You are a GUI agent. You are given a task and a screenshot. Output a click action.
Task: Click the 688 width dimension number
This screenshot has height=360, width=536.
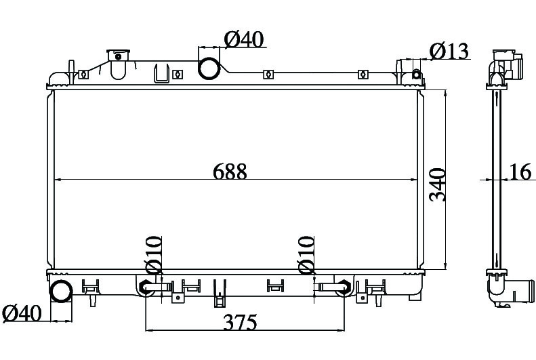[230, 172]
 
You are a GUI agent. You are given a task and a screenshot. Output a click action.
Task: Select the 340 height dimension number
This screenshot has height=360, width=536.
[438, 184]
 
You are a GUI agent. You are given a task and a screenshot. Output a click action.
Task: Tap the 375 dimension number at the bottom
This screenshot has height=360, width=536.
[240, 322]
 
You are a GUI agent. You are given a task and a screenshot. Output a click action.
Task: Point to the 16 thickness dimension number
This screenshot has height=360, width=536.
[520, 172]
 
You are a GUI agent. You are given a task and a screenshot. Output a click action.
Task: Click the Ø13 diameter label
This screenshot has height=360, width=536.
[449, 52]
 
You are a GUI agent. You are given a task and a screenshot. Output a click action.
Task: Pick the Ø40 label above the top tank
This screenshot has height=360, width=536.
[244, 39]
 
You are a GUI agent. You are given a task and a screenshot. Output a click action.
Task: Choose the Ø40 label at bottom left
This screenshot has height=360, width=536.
[22, 313]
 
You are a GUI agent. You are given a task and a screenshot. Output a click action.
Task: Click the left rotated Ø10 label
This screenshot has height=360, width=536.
[154, 255]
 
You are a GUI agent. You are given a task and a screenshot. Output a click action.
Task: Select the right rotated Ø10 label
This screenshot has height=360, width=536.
[306, 255]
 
